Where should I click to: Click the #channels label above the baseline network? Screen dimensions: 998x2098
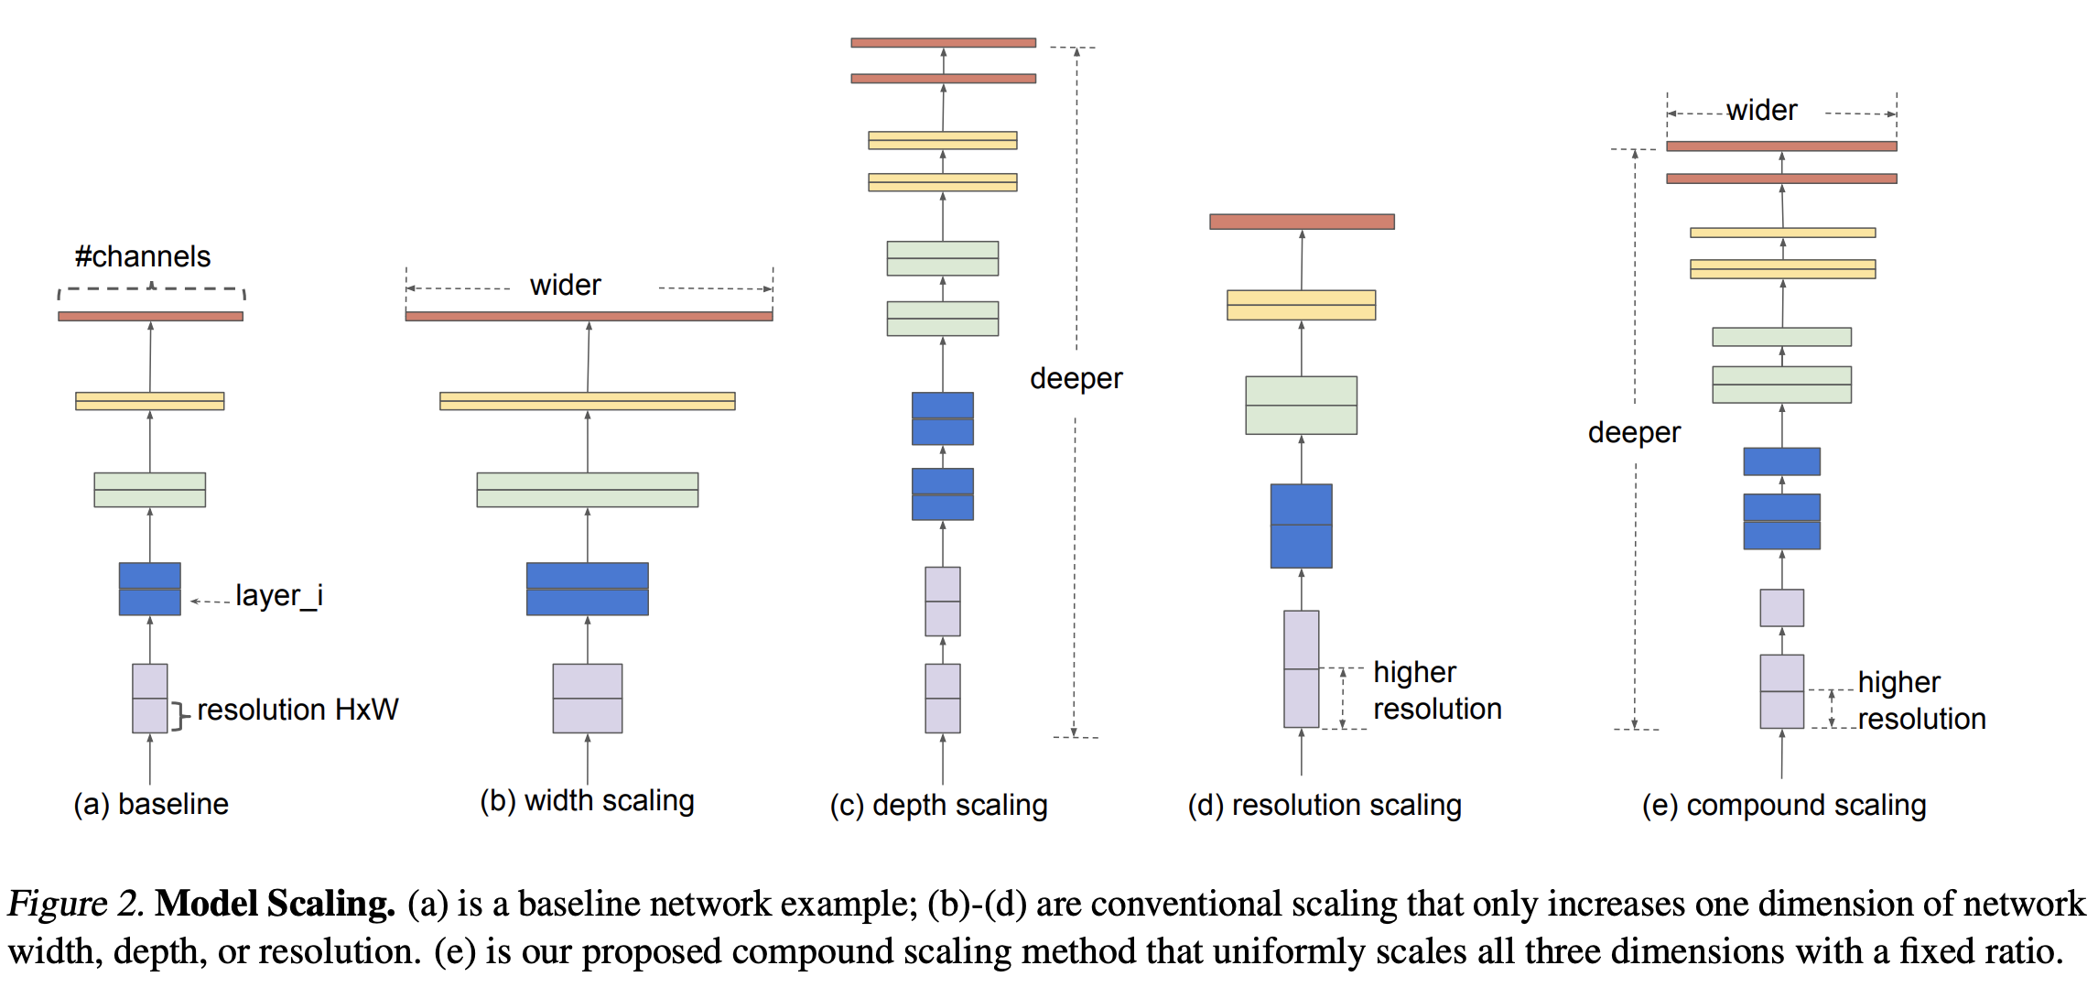143,256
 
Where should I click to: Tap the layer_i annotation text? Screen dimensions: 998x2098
278,596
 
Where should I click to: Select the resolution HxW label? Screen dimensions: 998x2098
297,710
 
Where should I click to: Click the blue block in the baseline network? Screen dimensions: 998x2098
150,589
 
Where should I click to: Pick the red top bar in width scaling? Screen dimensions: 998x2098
589,316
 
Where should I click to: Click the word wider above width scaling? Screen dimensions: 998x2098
565,286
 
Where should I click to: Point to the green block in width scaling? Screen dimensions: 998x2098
587,490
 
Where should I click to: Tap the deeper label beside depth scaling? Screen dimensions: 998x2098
1076,378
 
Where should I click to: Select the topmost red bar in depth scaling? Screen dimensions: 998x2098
943,43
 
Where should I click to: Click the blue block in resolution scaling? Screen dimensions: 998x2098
1301,526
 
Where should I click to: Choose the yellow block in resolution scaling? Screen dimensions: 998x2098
1301,305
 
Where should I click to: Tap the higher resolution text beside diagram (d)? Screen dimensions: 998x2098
1437,690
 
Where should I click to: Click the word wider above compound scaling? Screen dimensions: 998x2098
1761,111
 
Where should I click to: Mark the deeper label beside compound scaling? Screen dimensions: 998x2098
1634,432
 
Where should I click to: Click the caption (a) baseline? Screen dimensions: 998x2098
151,804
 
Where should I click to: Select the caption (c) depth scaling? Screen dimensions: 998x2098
938,805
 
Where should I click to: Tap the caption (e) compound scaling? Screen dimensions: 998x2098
1784,805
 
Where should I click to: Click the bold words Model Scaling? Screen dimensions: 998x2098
275,904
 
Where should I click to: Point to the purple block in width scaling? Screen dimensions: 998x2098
587,698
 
